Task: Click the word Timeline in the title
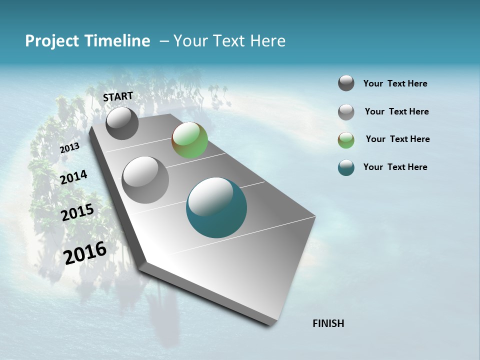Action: pos(118,41)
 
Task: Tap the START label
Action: pos(118,96)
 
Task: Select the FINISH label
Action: pos(328,323)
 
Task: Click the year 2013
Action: pos(69,148)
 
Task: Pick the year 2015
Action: pos(77,212)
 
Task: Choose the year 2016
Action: pos(85,253)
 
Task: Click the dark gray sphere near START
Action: pos(122,123)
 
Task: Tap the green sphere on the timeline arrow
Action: pos(189,140)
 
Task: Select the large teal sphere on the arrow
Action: pos(216,208)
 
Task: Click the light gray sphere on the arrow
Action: pos(145,180)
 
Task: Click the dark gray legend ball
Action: pos(346,83)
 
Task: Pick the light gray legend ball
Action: pos(346,112)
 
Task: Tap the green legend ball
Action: pos(346,140)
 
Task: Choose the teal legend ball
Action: pos(346,167)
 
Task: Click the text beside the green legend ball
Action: pos(397,139)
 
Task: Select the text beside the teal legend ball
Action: pos(395,167)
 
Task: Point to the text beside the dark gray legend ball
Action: pos(395,83)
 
